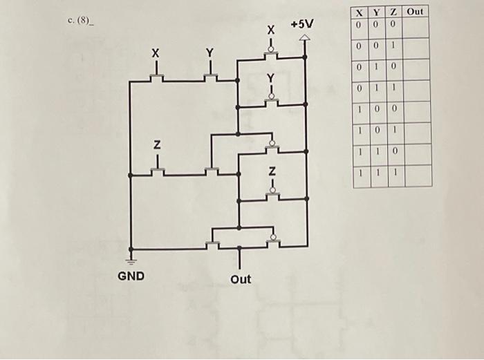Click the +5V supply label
coord(301,24)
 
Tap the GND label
coord(131,276)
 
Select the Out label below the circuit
coord(241,279)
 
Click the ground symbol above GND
coord(130,260)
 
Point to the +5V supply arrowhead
coord(306,39)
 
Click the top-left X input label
coord(156,53)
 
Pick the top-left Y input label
coord(210,53)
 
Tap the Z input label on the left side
coord(157,146)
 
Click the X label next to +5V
coord(272,31)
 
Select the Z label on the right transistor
coord(272,170)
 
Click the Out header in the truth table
coord(415,12)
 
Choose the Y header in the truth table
coord(375,12)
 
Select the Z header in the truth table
coord(392,12)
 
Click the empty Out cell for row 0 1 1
coord(416,90)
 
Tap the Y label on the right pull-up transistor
coord(271,77)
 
